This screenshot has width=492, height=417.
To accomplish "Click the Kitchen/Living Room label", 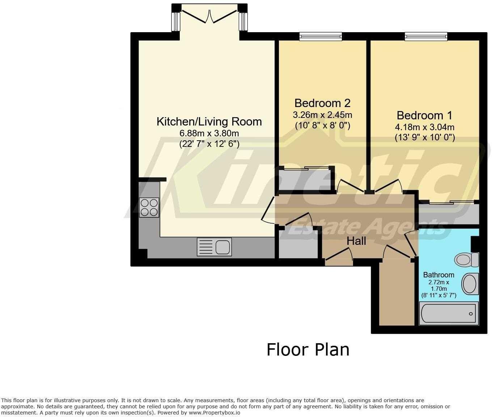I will point(209,122).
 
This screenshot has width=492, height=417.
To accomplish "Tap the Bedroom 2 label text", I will point(322,103).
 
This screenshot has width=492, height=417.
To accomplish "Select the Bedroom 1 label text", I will point(424,115).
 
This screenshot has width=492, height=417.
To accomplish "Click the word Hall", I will point(356,241).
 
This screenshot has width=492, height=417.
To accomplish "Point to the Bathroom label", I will point(438,275).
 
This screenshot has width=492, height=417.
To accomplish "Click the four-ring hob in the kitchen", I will point(149,207).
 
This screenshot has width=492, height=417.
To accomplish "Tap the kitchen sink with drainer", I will point(214,247).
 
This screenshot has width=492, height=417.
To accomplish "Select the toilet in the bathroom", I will point(466,259).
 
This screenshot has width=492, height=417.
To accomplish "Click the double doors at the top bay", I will point(209,16).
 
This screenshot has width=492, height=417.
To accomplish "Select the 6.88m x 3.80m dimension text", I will point(209,133).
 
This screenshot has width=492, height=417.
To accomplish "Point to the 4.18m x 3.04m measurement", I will point(424,127).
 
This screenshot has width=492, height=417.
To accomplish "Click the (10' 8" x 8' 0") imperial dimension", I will point(322,125).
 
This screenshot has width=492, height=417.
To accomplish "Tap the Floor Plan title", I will point(308,350).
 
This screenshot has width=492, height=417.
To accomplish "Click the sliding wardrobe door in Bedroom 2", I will point(306,167).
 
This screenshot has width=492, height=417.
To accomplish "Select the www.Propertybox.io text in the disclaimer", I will point(214,413).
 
